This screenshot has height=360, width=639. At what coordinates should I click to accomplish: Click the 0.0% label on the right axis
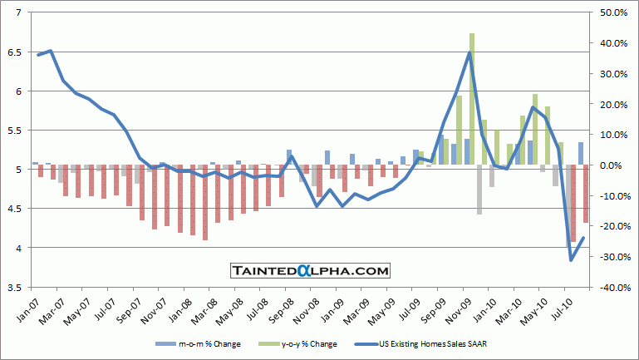[610, 165]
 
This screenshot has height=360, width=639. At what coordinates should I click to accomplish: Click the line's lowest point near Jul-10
[571, 260]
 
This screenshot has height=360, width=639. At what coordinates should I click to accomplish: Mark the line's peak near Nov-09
[469, 52]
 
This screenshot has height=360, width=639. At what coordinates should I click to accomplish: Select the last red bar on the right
[586, 194]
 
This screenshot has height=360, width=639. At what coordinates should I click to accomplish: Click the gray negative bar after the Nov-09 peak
[479, 190]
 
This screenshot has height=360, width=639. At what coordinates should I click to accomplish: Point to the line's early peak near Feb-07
[51, 51]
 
